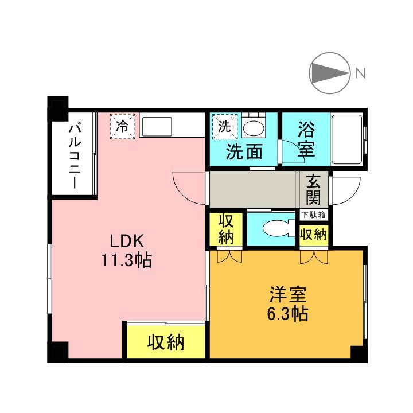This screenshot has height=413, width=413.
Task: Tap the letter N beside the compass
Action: click(x=361, y=73)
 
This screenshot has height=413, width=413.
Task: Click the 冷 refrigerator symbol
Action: click(x=123, y=126)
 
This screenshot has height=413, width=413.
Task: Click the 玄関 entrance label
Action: click(x=313, y=190)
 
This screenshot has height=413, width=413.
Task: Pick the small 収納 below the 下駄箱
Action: click(x=313, y=234)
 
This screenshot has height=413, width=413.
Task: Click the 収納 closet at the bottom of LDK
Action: click(x=166, y=342)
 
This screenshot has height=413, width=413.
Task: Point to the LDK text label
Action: click(x=126, y=241)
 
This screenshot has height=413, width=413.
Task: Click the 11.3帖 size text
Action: click(x=127, y=261)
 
